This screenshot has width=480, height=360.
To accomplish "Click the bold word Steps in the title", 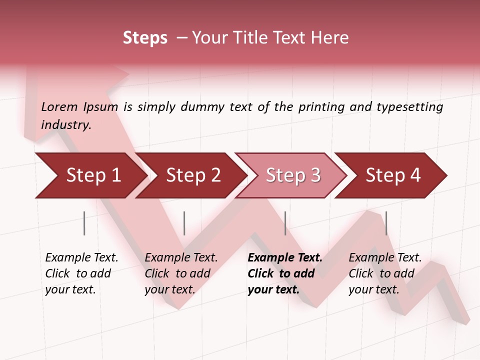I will tap(145, 38).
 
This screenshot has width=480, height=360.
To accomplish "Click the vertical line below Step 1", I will tap(84, 223).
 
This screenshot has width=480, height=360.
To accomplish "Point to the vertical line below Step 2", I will tap(184, 223).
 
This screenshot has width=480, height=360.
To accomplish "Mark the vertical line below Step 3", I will tap(285, 223).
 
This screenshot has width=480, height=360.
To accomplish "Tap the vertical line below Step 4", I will tap(386, 223).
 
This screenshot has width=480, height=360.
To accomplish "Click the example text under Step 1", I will tap(81, 273).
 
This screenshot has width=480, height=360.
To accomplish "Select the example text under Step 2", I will tap(180, 273).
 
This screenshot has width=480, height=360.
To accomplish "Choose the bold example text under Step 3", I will tap(284, 273).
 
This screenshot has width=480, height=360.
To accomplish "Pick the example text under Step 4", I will tap(384, 273).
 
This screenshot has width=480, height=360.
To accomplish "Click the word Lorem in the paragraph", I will tap(59, 106).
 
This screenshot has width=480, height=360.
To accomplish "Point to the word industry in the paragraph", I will tap(65, 125).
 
